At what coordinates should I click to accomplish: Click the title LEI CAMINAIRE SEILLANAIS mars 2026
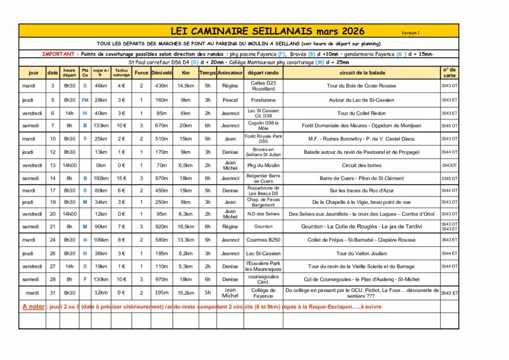point(267,31)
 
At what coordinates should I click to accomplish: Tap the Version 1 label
point(411,33)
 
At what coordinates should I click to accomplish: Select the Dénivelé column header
point(162,73)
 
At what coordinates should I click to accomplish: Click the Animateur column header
point(230,73)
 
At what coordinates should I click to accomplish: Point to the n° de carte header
point(449,73)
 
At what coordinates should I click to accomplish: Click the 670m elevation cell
point(162,126)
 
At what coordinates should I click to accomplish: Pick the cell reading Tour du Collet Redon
point(361,113)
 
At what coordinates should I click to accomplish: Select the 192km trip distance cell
point(101,178)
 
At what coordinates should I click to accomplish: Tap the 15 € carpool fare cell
point(121,178)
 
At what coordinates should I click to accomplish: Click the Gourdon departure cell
point(263,227)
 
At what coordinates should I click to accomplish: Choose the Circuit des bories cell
point(361,165)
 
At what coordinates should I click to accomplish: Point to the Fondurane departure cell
point(263,100)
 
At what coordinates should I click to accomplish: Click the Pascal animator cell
point(230,100)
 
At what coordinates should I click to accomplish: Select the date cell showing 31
point(53,293)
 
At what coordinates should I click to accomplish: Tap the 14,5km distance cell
point(185,86)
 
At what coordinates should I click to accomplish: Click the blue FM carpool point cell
point(85,100)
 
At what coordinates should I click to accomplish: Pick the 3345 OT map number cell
point(449,178)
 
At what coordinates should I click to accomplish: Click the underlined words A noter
point(33,307)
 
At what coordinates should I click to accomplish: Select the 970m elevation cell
point(162,279)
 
